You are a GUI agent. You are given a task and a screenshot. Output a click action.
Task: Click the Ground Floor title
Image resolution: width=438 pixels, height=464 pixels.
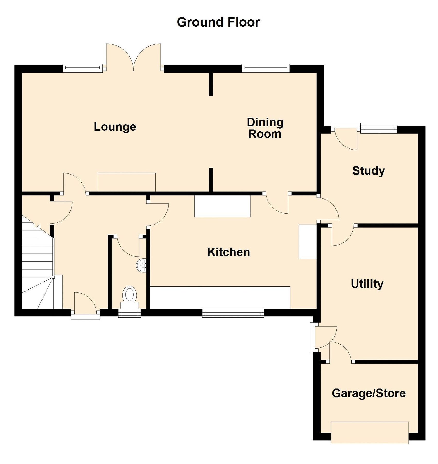pyautogui.click(x=218, y=22)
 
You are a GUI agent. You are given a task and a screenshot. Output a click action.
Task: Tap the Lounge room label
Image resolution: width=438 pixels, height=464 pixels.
pyautogui.click(x=115, y=127)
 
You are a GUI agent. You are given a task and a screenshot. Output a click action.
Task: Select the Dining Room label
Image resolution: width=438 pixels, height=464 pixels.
pyautogui.click(x=265, y=128)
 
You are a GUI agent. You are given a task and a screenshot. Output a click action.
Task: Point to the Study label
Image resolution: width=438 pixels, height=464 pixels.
pyautogui.click(x=368, y=171)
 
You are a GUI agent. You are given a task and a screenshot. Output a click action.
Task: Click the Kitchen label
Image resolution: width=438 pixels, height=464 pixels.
pyautogui.click(x=229, y=252)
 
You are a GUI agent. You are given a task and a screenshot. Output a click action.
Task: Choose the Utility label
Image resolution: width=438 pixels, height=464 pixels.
pyautogui.click(x=367, y=284)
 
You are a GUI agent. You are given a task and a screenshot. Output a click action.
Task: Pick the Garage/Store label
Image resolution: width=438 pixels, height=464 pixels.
pyautogui.click(x=368, y=393)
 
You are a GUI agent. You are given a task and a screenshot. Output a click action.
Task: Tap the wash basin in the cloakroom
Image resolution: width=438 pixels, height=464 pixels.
pyautogui.click(x=141, y=265)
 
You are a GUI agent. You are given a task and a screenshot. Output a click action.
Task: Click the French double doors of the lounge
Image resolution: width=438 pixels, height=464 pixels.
pyautogui.click(x=133, y=58)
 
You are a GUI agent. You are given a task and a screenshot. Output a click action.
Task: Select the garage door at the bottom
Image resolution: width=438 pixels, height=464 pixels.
pyautogui.click(x=369, y=433)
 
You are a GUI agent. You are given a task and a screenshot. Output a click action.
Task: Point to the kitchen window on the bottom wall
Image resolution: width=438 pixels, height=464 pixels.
pyautogui.click(x=233, y=313)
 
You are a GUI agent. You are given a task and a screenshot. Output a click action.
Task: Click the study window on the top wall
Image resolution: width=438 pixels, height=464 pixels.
pyautogui.click(x=379, y=128)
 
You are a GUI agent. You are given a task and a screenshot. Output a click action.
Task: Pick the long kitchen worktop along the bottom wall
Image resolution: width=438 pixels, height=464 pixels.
pyautogui.click(x=220, y=297)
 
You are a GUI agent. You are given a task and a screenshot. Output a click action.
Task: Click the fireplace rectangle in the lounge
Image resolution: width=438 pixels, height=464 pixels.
pyautogui.click(x=126, y=182)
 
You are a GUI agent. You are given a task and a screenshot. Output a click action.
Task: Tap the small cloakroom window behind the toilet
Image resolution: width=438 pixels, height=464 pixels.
pyautogui.click(x=129, y=313)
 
